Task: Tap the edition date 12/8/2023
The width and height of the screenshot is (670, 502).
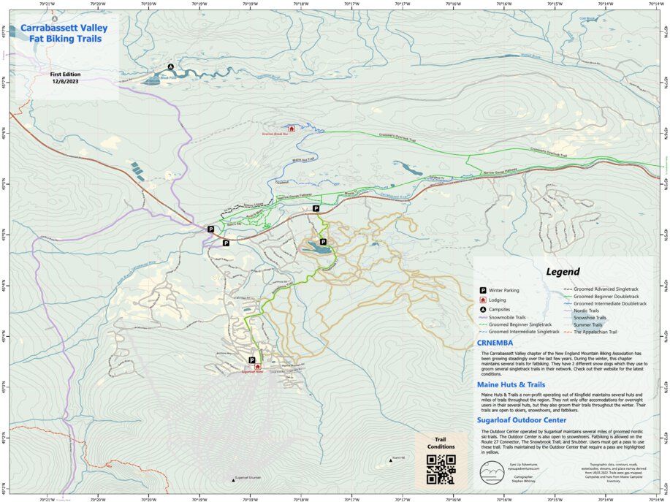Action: pos(64,82)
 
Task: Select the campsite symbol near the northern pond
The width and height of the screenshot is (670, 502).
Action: pos(171,66)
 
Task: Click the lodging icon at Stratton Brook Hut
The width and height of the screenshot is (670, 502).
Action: pos(292,129)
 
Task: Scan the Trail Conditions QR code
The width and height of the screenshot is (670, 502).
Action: pos(441,470)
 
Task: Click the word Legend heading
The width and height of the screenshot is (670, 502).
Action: pos(563,272)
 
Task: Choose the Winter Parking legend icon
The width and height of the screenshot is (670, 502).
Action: pos(483,290)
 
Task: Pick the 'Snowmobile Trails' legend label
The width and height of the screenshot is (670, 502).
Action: pos(507,318)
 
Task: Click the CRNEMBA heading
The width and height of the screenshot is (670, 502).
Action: pos(495,343)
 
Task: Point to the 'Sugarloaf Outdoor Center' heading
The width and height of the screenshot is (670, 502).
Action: pos(521,420)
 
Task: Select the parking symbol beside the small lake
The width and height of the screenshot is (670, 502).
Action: pos(323,241)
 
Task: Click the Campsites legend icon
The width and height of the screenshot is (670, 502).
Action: pos(483,309)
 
